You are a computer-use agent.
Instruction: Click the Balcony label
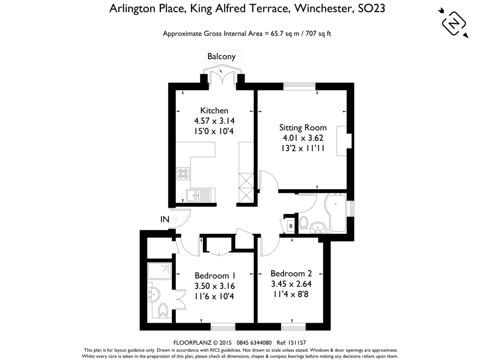[x=221, y=57]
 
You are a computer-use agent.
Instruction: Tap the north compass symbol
[x=454, y=23]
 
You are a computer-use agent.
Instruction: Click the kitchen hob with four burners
[x=183, y=174]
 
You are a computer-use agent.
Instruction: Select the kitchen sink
[x=198, y=195]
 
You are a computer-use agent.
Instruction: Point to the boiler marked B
[x=291, y=226]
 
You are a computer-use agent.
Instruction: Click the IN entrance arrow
[x=175, y=219]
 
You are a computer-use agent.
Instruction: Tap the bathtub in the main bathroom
[x=336, y=212]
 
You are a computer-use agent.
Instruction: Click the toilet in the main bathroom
[x=303, y=223]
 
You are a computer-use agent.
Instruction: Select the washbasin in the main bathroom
[x=318, y=228]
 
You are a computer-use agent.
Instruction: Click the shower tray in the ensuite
[x=159, y=271]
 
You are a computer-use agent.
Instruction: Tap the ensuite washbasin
[x=154, y=295]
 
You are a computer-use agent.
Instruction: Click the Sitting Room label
[x=303, y=128]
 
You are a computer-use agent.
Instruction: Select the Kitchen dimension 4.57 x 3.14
[x=214, y=121]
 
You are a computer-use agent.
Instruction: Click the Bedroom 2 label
[x=291, y=274]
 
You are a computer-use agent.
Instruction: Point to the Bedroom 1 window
[x=223, y=327]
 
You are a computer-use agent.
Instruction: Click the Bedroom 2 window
[x=293, y=327]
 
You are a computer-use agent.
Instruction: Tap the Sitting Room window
[x=299, y=86]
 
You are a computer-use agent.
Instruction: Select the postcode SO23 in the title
[x=371, y=8]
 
